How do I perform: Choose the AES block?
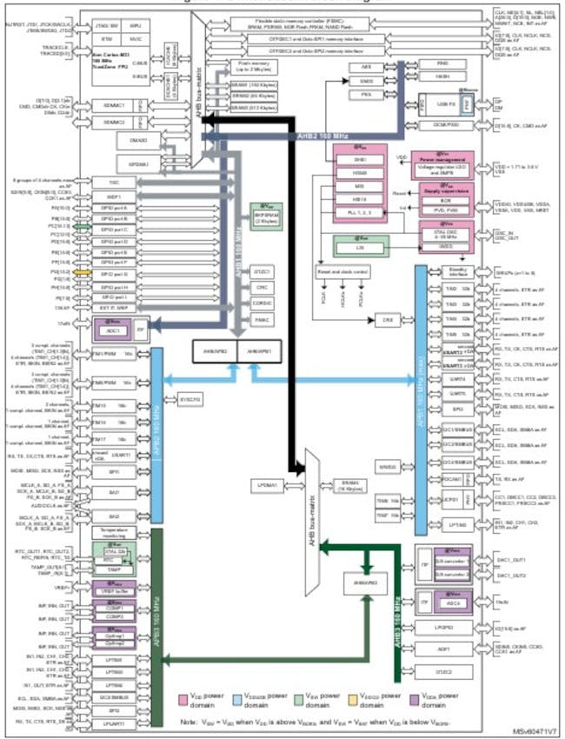coord(364,67)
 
